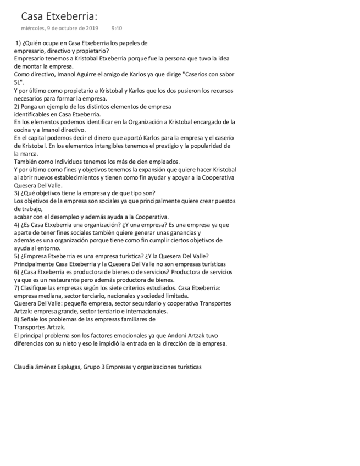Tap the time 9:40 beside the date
point(117,28)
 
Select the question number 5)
point(17,256)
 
